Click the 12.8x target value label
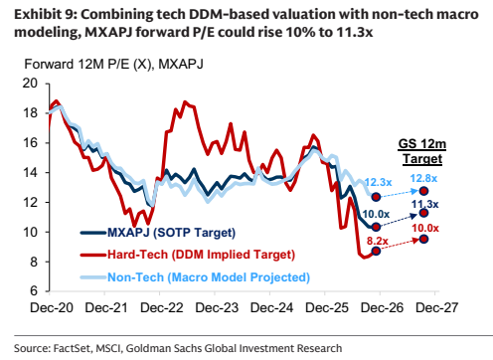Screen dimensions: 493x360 (423, 178)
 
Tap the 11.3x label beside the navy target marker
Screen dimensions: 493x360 (425, 204)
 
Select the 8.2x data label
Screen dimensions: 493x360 (377, 241)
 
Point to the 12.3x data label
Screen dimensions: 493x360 (378, 182)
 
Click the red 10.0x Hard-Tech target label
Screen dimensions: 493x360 (425, 228)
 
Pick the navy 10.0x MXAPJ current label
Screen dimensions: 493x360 (376, 214)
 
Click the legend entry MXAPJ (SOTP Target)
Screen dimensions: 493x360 (158, 233)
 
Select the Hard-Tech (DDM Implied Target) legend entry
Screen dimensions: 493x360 (188, 255)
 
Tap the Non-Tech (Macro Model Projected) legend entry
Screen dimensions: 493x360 (195, 277)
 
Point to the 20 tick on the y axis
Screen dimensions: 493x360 (30, 84)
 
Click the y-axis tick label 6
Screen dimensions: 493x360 (34, 291)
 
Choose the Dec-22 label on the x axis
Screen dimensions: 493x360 (161, 308)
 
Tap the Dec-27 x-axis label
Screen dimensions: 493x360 (437, 308)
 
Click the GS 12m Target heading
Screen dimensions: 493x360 (422, 151)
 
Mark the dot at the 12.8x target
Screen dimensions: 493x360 (423, 191)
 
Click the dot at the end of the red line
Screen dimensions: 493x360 (376, 251)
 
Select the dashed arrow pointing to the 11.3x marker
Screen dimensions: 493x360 (399, 220)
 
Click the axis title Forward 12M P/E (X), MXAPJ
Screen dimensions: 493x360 (114, 64)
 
